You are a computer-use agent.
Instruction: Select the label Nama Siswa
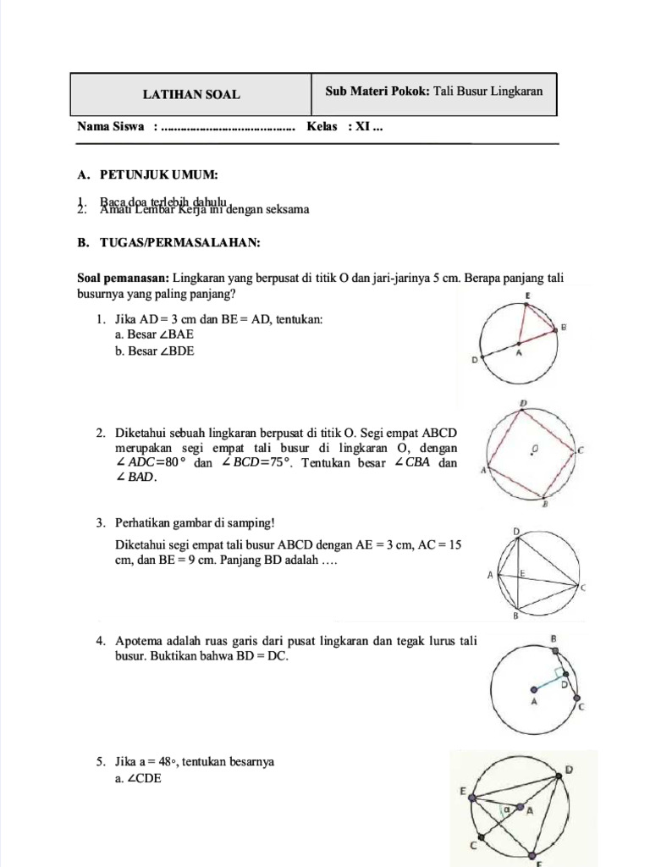111,127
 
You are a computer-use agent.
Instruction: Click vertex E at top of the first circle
528,296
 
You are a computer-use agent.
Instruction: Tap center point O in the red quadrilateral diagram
531,450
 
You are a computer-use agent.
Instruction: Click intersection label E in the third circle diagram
522,574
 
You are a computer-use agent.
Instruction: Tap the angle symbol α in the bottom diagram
507,810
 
